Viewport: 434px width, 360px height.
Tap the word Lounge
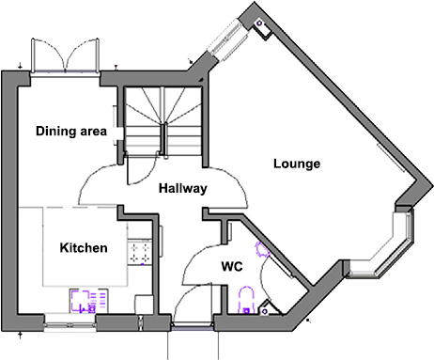[297, 164]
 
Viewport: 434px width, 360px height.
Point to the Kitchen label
[83, 248]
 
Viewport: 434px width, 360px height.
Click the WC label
[232, 266]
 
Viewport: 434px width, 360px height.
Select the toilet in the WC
[246, 301]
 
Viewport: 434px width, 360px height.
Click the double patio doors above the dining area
[64, 54]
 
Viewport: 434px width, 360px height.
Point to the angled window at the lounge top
[226, 39]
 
